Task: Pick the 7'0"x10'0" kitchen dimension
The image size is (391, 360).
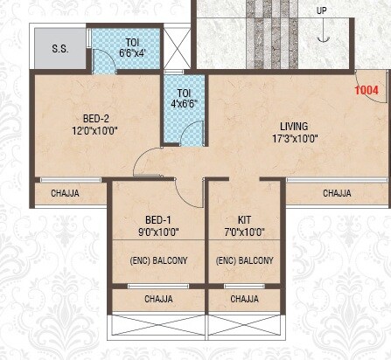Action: tap(245, 232)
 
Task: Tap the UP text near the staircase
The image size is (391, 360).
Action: tap(323, 11)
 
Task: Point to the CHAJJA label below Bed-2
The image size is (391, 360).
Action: tap(67, 193)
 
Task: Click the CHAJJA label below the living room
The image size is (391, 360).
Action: tap(337, 193)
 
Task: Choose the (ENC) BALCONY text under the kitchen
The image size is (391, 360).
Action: tap(245, 260)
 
